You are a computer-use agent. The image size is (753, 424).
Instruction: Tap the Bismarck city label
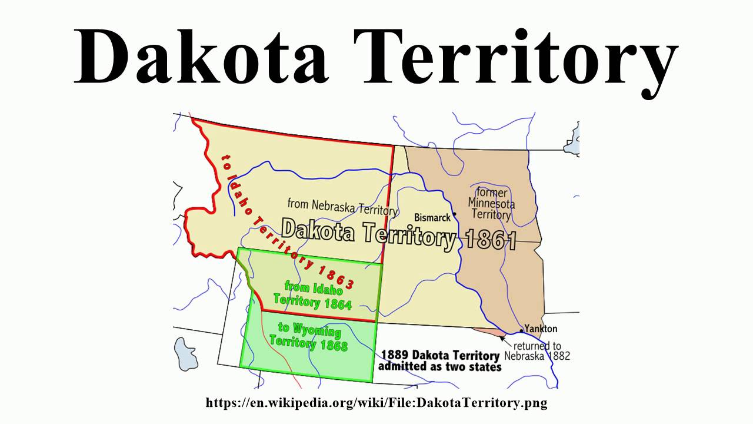click(x=432, y=217)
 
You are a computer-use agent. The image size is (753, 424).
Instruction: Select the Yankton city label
click(x=541, y=329)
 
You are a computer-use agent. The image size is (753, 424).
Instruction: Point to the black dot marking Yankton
click(x=521, y=331)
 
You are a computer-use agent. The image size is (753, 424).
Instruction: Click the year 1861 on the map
click(x=491, y=241)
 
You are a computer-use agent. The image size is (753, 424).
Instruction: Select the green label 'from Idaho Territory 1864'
click(x=312, y=295)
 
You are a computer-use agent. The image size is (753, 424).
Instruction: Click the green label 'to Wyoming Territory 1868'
click(x=309, y=336)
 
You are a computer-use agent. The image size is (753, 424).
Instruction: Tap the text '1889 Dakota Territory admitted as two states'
click(x=439, y=360)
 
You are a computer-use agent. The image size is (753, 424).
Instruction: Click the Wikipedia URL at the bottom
click(x=376, y=403)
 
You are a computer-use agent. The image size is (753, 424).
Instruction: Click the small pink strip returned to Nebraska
click(x=500, y=333)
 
